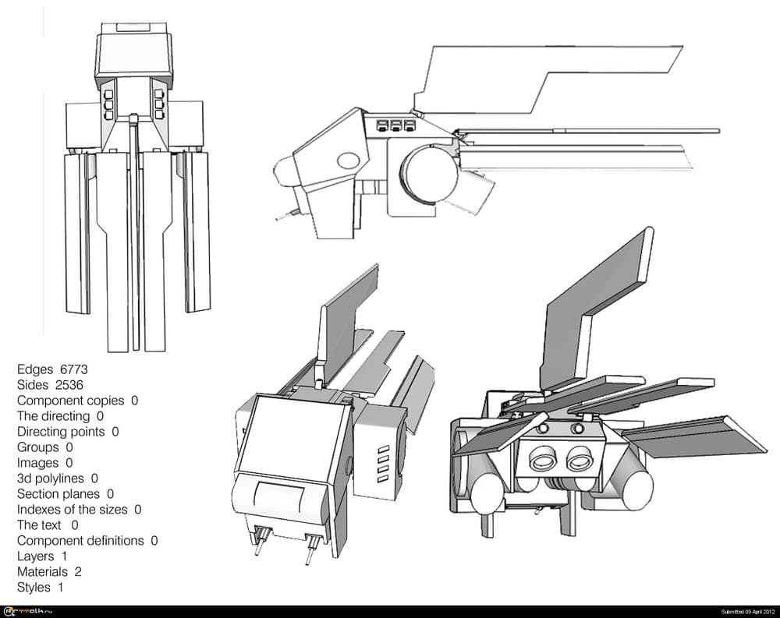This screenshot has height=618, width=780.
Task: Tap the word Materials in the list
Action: coord(42,571)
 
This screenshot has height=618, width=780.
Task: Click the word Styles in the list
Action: coord(34,587)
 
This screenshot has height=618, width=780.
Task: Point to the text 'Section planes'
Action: coord(58,493)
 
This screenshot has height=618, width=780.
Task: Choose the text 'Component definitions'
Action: coord(80,540)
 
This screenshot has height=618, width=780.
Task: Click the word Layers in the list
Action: coord(36,556)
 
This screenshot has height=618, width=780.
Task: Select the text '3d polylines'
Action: coord(51,478)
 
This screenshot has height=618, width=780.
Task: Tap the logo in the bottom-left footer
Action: coord(27,611)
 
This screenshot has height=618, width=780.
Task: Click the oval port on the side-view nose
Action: coord(348,161)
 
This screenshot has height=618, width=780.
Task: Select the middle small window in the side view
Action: coord(395,125)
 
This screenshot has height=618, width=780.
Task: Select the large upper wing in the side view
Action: coord(546,74)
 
